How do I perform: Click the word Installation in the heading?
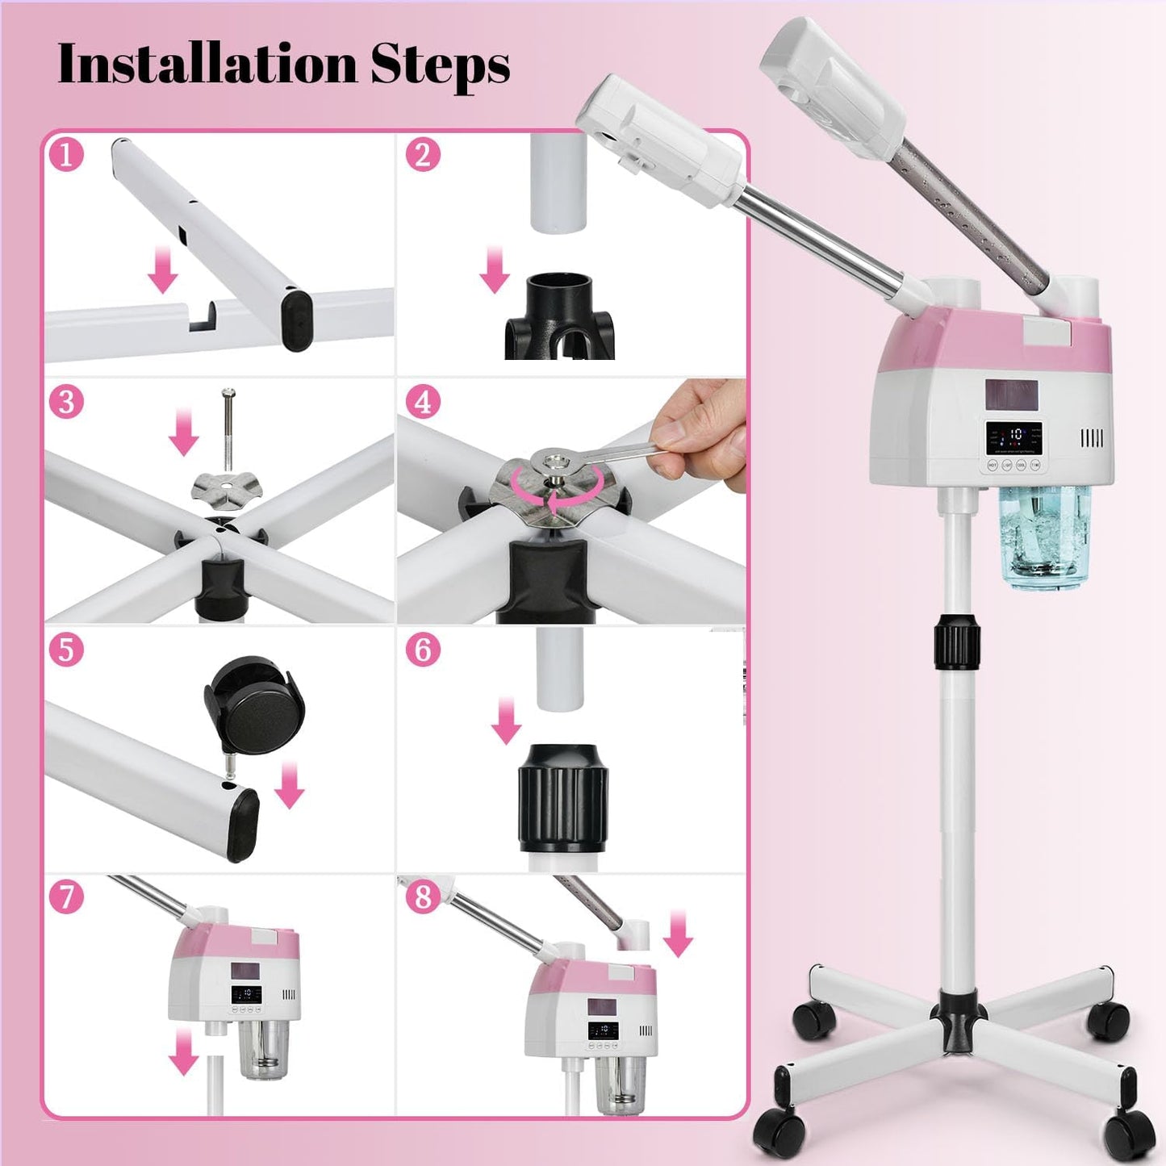tap(207, 64)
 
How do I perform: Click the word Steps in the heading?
tap(440, 65)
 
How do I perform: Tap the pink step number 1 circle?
tap(66, 153)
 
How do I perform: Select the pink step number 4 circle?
tap(423, 401)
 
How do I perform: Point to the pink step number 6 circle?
tap(423, 649)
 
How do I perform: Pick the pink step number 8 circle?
tap(423, 896)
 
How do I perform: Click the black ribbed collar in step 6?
tap(562, 799)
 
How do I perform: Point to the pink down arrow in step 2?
tap(495, 270)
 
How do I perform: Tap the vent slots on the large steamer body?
tap(1091, 439)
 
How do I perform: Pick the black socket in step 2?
tap(559, 317)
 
